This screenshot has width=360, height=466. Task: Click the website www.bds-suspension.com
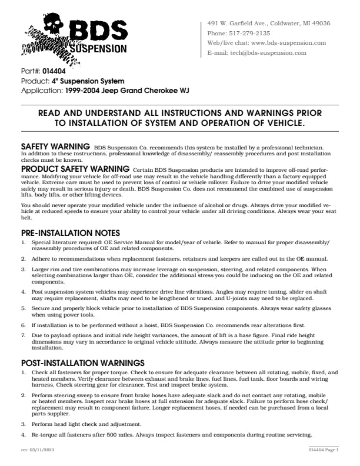coord(288,43)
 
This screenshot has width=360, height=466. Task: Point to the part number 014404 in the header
coord(54,71)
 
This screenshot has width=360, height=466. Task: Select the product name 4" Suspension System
coord(88,81)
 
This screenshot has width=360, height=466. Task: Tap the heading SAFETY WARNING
coord(55,145)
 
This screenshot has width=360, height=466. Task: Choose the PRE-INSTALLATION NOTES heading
coord(71,233)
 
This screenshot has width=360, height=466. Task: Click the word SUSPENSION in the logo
coord(98,49)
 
